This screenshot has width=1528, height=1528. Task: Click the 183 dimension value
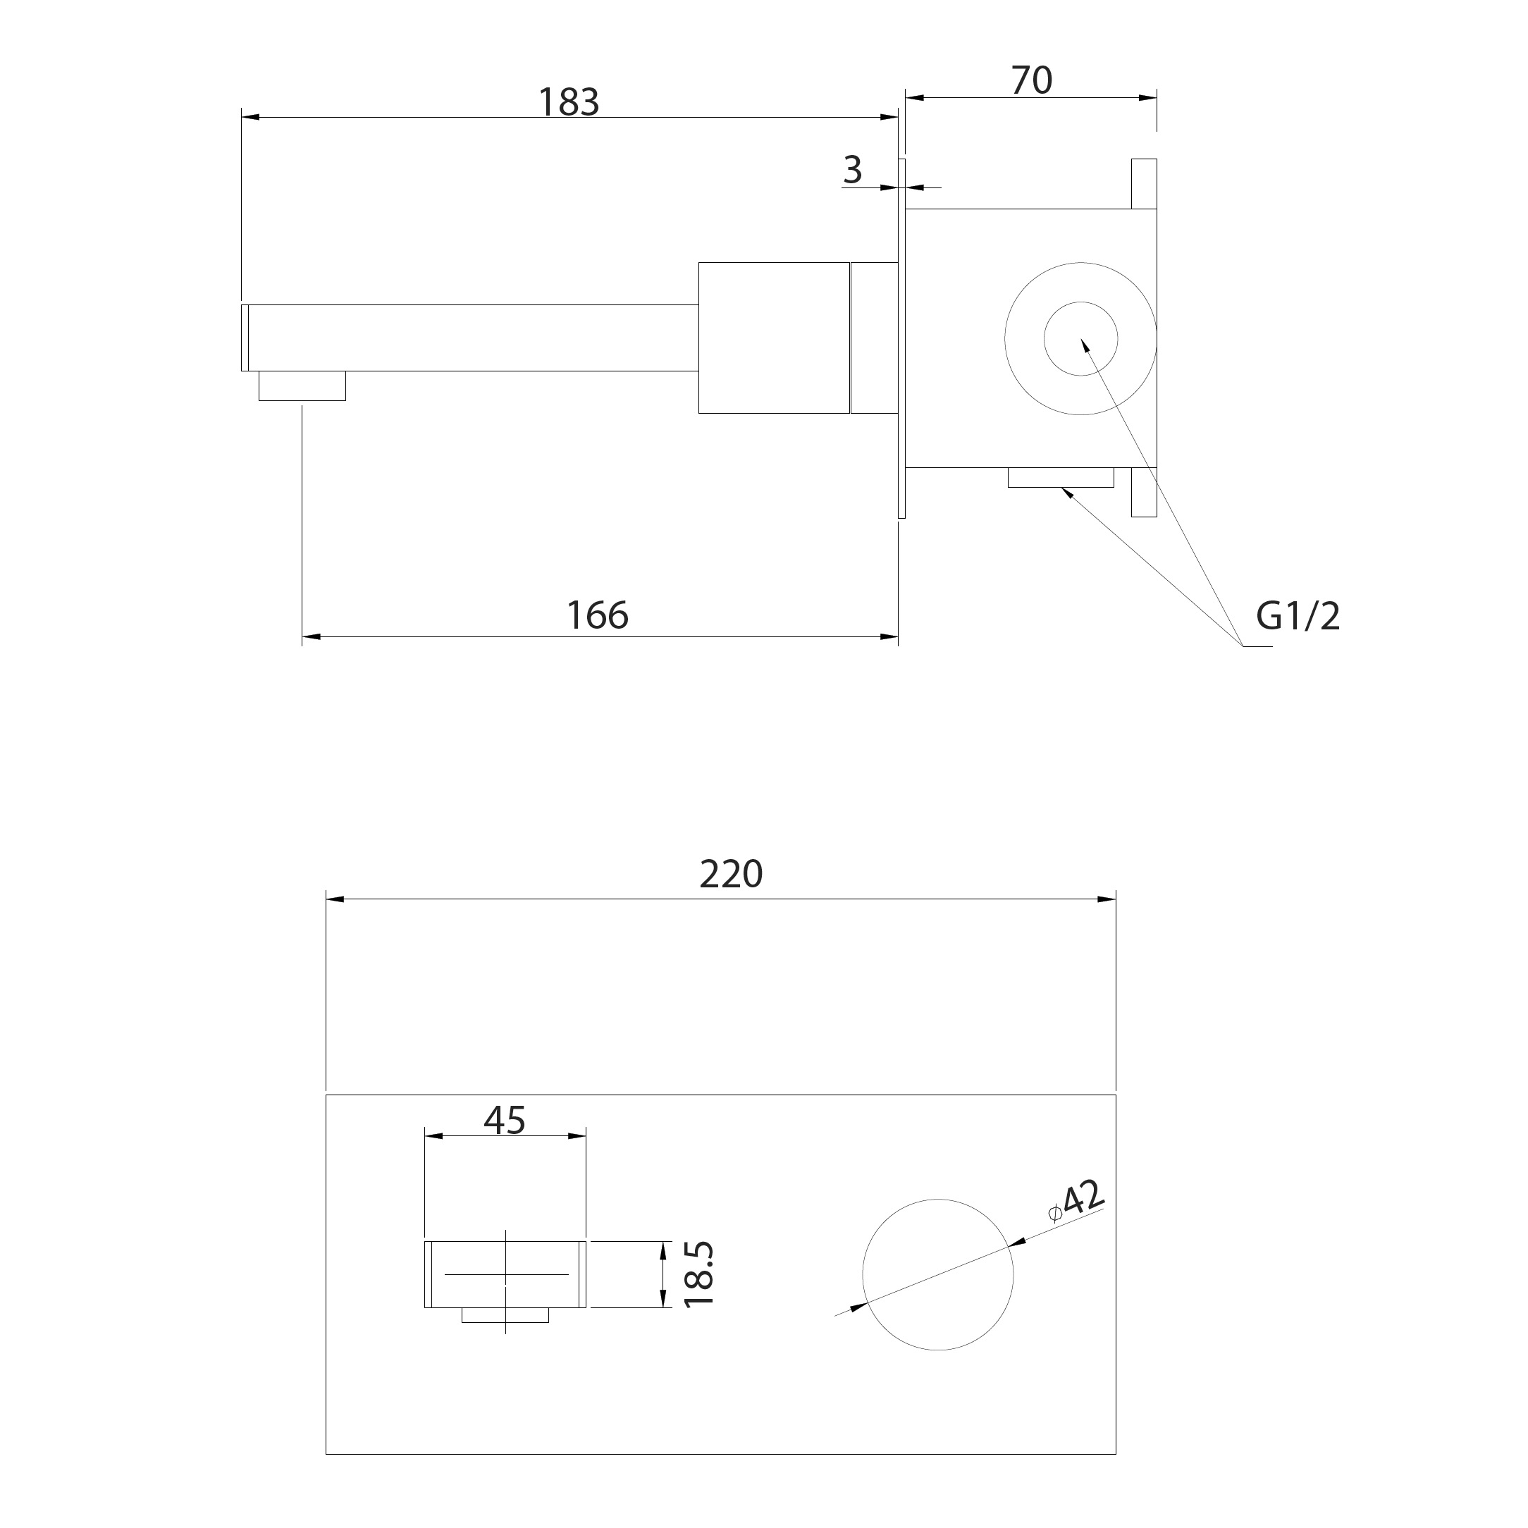click(x=569, y=102)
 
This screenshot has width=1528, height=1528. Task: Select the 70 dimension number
click(x=1032, y=80)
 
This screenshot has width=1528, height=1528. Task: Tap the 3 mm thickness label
click(x=853, y=169)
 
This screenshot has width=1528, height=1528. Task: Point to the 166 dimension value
click(x=598, y=615)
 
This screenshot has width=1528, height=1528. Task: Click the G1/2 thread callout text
click(x=1299, y=616)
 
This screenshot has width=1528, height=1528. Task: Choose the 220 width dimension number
click(x=731, y=875)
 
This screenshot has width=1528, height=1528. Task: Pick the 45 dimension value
click(x=505, y=1120)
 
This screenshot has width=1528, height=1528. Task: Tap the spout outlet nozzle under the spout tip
click(x=302, y=386)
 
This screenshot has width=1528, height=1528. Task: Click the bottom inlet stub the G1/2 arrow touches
click(x=1061, y=478)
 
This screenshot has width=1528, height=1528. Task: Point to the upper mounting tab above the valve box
click(x=1144, y=184)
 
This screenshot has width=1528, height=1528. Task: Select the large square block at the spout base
click(x=775, y=338)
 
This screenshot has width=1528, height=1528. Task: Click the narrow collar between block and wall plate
click(x=874, y=338)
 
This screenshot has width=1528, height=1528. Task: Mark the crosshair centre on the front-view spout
click(x=505, y=1274)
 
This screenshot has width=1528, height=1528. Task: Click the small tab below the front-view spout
click(x=505, y=1315)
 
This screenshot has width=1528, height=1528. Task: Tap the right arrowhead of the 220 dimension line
click(x=1107, y=899)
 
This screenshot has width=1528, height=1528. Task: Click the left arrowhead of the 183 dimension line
click(x=251, y=118)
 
